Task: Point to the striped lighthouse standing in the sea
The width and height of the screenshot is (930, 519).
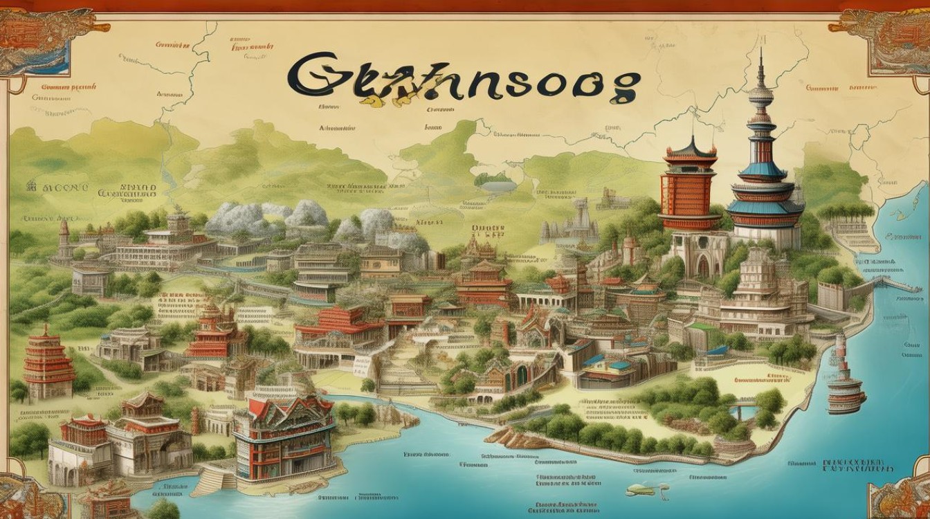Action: coord(845,377)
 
